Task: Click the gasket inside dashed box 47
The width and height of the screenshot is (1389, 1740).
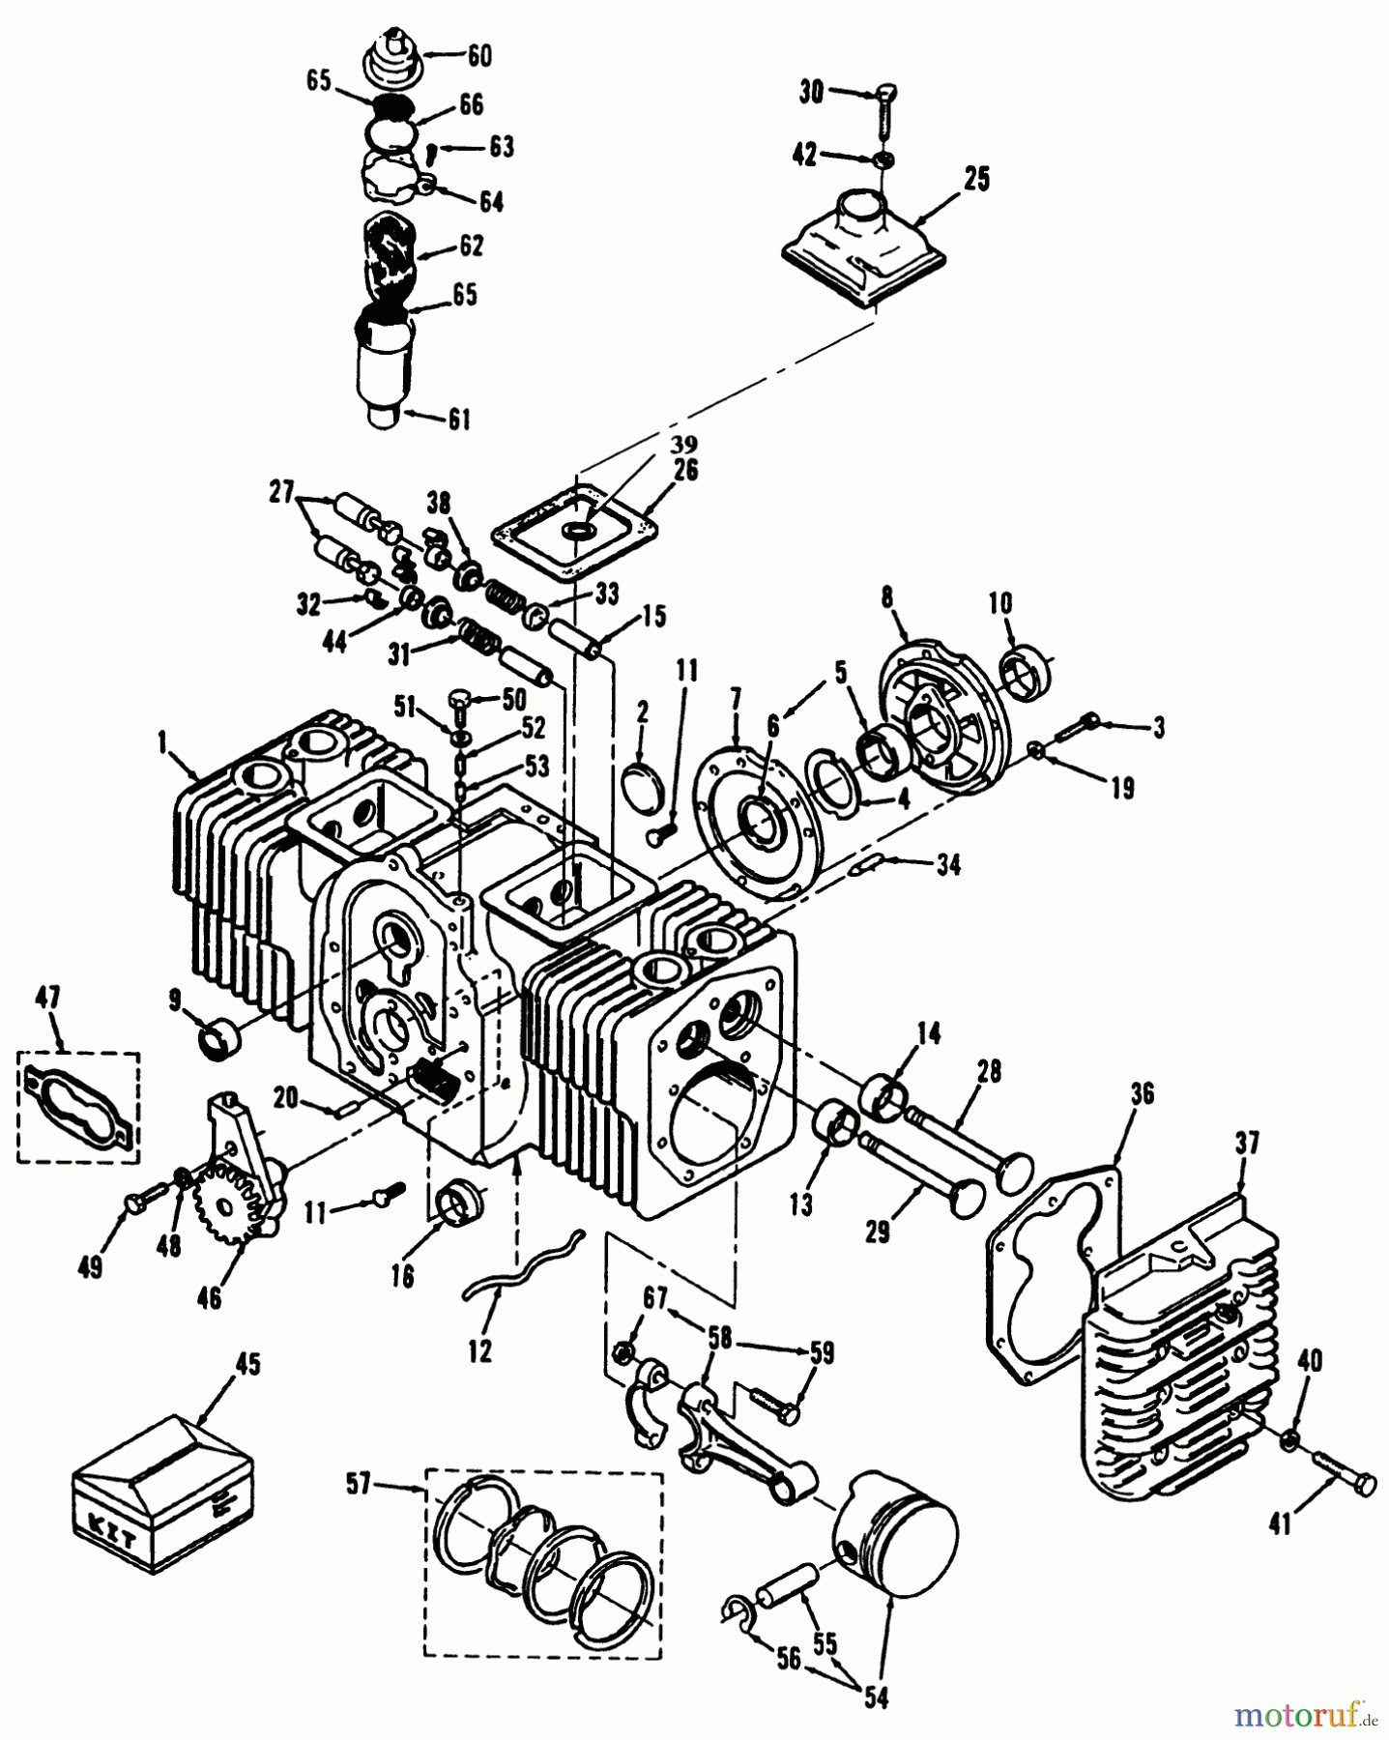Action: tap(78, 1107)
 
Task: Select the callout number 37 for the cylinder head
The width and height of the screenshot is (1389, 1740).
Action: tap(1246, 1144)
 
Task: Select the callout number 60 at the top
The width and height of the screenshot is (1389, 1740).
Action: tap(479, 56)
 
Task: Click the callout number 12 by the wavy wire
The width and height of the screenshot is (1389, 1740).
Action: tap(479, 1349)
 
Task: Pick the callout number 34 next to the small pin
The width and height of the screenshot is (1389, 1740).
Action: tap(948, 865)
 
